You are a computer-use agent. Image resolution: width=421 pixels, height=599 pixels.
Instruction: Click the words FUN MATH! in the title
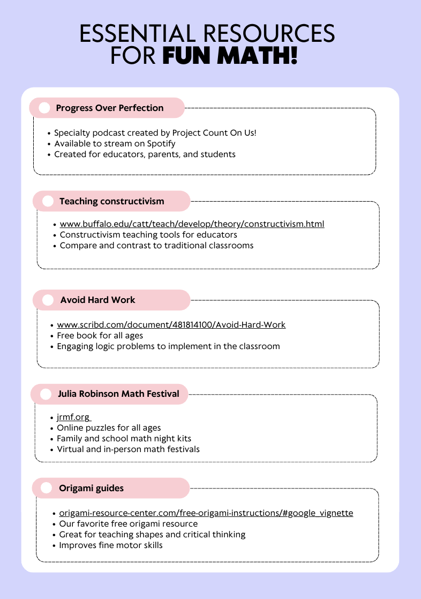point(230,56)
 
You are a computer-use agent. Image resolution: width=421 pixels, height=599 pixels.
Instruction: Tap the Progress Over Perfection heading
point(110,108)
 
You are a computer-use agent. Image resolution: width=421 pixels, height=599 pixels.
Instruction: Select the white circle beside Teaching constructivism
point(48,201)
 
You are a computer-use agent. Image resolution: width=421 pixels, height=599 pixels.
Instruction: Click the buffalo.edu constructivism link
point(192,224)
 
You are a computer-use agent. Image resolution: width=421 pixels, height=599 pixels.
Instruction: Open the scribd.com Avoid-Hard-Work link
point(171,325)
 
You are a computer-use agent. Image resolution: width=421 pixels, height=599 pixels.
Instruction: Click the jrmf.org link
point(74,417)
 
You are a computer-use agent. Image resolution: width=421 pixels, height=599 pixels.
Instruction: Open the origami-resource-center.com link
point(206,513)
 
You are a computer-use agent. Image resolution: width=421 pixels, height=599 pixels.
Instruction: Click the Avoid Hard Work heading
point(97,300)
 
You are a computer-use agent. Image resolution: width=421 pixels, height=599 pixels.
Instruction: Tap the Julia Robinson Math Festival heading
point(118,394)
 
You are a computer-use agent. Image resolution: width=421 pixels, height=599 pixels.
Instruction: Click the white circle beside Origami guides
point(47,488)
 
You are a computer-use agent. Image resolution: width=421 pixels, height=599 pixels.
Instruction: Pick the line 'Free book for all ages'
point(100,336)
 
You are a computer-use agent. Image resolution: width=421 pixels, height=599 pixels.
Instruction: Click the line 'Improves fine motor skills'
point(111,545)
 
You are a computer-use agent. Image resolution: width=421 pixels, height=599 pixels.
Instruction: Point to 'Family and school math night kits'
point(124,439)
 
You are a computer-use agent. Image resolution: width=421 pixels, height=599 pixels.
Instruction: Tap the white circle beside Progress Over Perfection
point(44,108)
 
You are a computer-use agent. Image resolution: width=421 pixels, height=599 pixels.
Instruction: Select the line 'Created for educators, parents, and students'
point(145,154)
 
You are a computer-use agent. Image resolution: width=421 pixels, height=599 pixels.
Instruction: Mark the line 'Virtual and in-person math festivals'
point(129,449)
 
